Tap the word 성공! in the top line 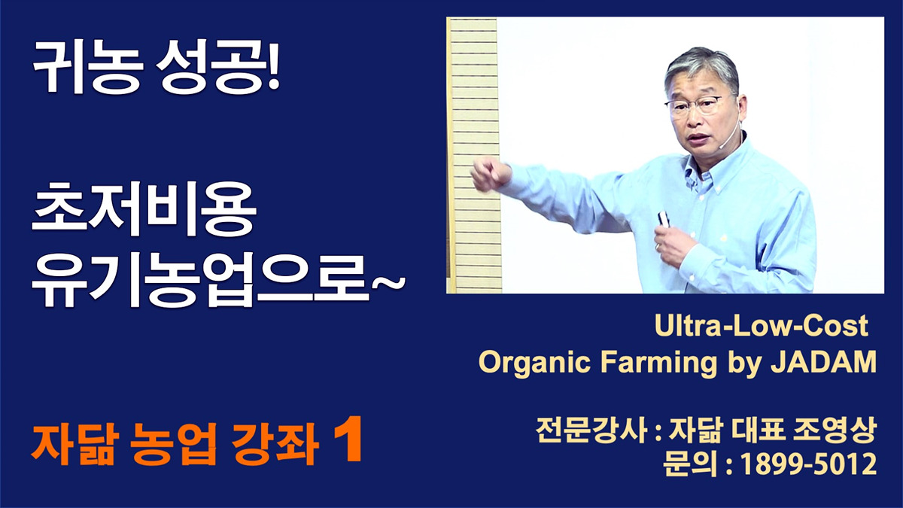(218, 67)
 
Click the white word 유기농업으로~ (218, 279)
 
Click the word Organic (534, 363)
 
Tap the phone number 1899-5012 (808, 465)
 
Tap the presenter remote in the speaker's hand (663, 220)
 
